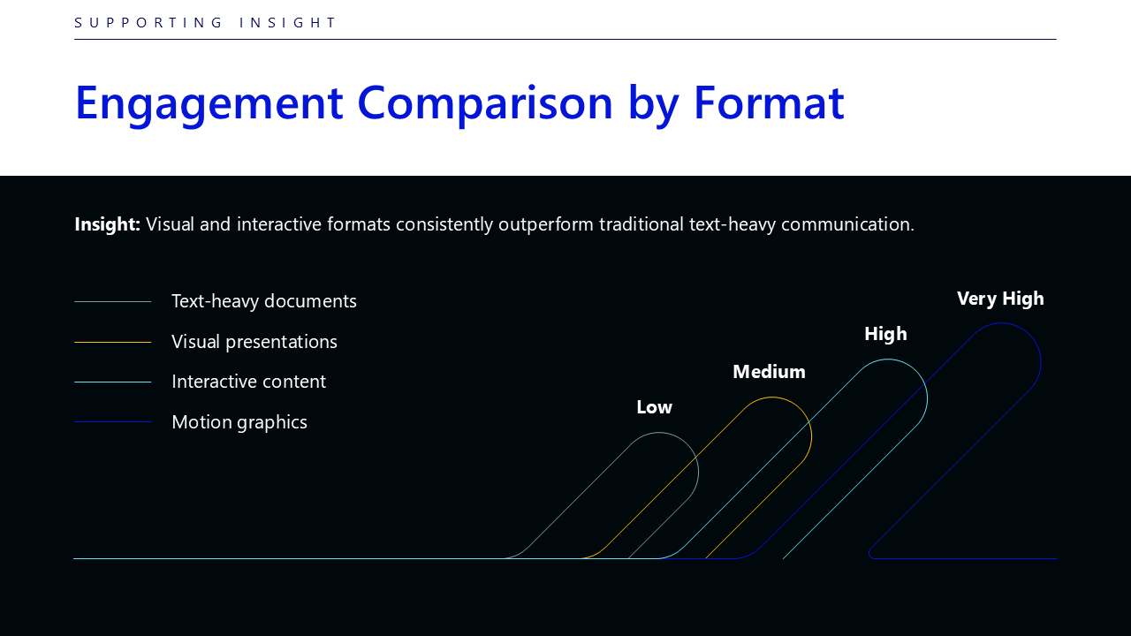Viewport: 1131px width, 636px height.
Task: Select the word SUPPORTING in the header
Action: (148, 23)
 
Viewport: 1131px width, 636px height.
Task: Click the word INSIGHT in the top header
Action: (287, 23)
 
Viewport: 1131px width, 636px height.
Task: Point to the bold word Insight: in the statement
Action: (107, 224)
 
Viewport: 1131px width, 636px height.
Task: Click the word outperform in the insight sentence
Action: (546, 224)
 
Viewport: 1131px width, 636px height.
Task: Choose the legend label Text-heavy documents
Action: (264, 301)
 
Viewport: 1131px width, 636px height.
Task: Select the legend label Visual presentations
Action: (254, 342)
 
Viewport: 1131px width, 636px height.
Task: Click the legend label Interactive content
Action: (249, 382)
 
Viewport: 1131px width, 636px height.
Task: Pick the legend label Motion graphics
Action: (239, 422)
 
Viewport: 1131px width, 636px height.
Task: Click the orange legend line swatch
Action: (112, 342)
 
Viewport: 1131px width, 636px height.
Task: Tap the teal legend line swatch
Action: (112, 382)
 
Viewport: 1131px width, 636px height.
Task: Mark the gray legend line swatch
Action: (112, 302)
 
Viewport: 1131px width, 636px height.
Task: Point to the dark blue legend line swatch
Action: (112, 422)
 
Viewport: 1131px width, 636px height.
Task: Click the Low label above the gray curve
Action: (655, 407)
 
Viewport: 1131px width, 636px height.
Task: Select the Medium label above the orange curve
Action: (769, 372)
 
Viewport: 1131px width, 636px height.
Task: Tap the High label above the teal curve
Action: (885, 335)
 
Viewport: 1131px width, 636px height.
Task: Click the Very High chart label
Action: (1000, 299)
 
